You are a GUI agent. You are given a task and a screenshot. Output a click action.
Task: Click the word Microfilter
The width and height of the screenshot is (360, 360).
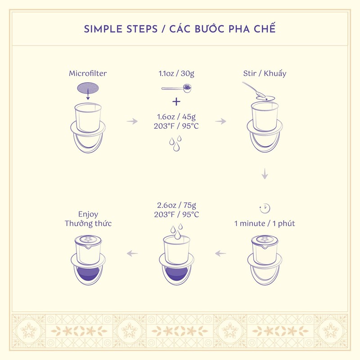click(88, 73)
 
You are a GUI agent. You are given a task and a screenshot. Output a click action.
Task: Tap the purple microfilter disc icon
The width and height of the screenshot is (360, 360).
click(88, 88)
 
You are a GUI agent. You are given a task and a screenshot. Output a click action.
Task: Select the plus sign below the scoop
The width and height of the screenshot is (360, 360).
click(176, 101)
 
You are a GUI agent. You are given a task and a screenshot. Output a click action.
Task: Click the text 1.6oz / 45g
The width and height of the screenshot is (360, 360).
click(176, 117)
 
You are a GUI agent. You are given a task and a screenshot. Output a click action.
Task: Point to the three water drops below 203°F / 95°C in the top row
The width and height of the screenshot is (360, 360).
click(175, 143)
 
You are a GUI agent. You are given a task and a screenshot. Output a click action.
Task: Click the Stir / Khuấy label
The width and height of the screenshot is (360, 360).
click(265, 73)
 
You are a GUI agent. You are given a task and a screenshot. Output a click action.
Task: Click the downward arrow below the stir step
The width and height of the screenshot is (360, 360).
click(265, 174)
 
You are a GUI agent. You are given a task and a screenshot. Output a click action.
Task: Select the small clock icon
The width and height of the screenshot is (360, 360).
click(265, 208)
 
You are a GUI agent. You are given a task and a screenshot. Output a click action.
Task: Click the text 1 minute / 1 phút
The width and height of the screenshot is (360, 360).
click(265, 223)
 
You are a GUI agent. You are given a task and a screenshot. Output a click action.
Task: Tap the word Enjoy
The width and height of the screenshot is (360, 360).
click(88, 214)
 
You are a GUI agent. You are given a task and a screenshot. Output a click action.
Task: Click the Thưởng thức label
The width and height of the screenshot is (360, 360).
click(88, 223)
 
